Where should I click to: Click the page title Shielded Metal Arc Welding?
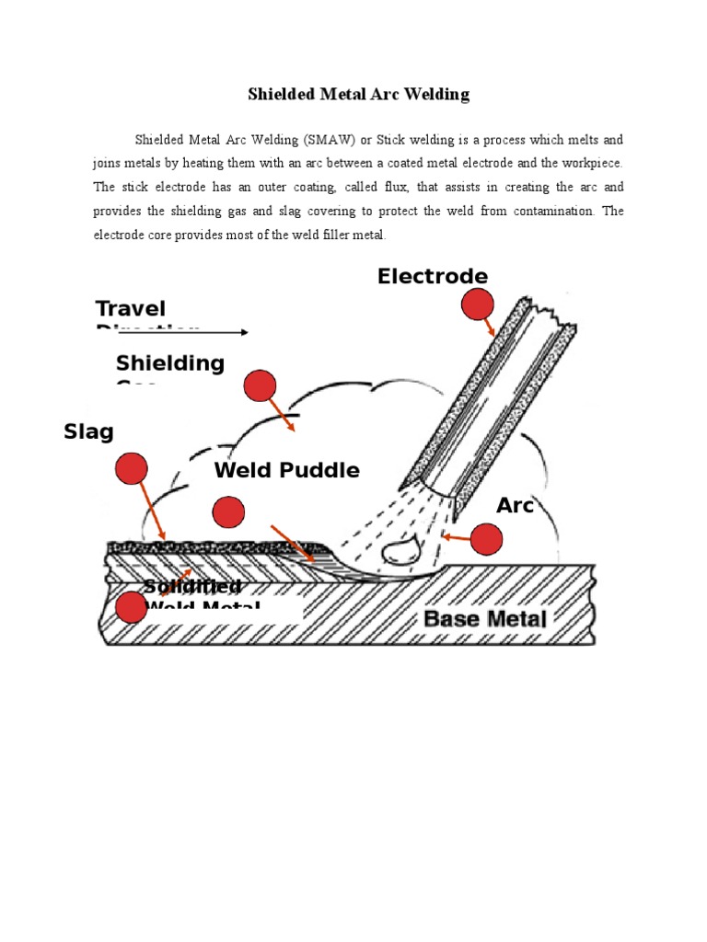[x=359, y=94]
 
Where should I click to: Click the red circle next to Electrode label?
[x=477, y=304]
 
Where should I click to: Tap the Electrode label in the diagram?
[x=432, y=276]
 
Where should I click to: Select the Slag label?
[x=88, y=431]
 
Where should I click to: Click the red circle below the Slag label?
[x=131, y=468]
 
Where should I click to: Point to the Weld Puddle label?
[x=286, y=470]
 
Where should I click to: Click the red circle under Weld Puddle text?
[x=228, y=511]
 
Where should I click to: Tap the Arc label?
[x=515, y=505]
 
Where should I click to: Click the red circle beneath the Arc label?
[x=486, y=539]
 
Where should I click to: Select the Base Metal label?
[x=485, y=618]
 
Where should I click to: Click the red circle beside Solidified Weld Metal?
[x=132, y=607]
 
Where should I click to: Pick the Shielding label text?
[x=170, y=363]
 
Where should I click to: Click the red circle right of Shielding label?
[x=260, y=386]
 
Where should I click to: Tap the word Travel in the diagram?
[x=131, y=309]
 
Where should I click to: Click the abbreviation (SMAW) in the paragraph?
[x=326, y=140]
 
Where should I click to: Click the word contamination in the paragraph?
[x=551, y=211]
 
